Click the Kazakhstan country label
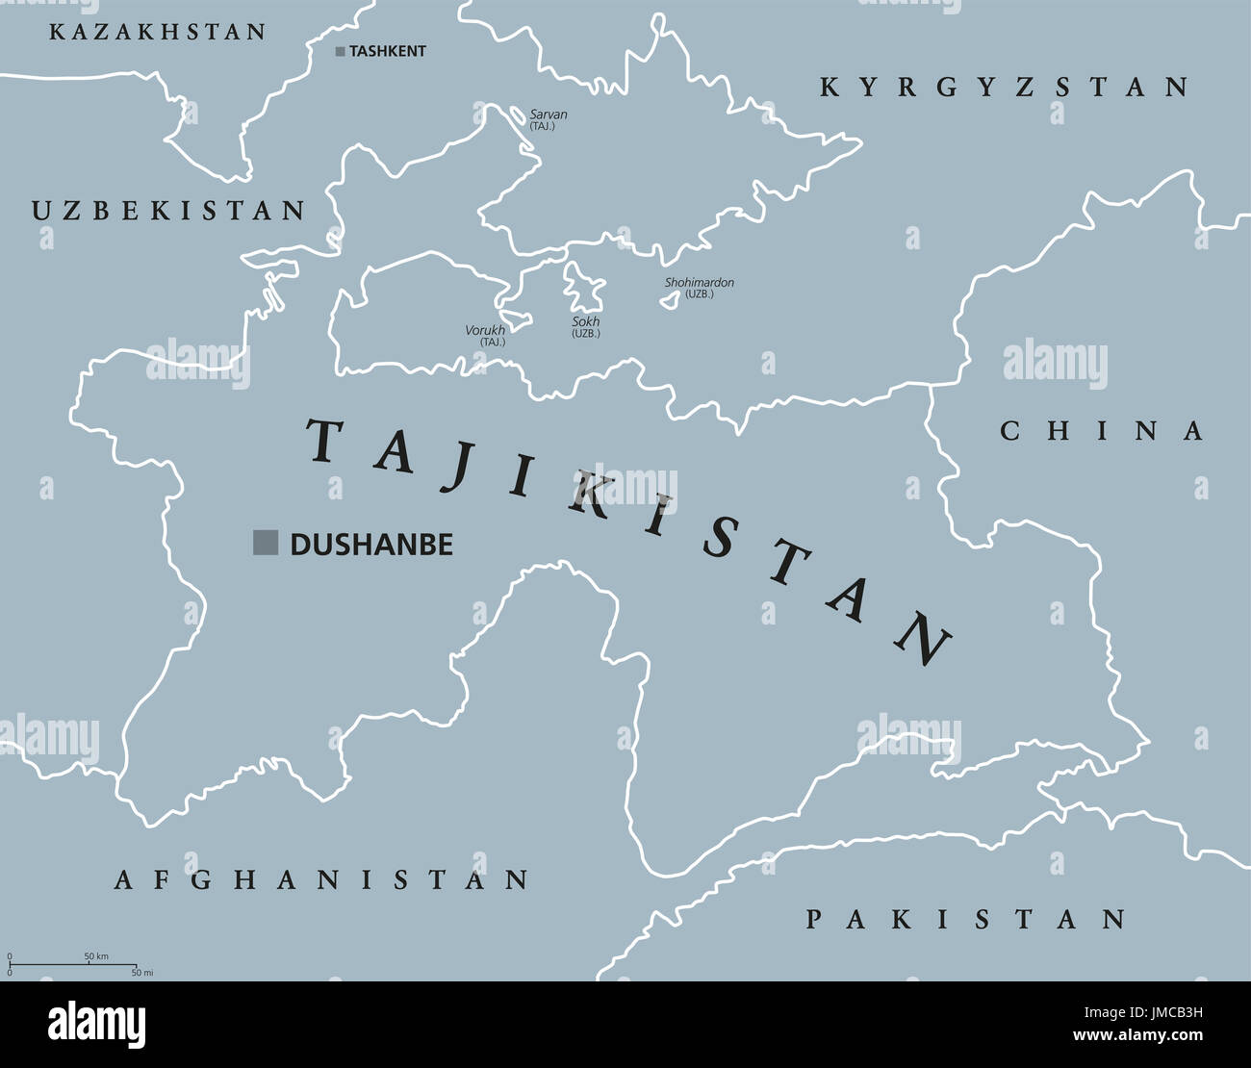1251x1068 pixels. (157, 32)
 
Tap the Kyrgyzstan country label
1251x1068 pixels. (1004, 88)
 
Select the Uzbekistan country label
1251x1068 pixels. (168, 211)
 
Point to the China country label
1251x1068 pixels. (1101, 430)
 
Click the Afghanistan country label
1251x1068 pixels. (321, 879)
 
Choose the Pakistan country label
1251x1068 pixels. (965, 919)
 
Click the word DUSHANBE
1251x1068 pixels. (371, 545)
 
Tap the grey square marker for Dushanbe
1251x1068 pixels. (265, 543)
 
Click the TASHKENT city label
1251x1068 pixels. (387, 51)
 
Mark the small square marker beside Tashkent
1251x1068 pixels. (340, 52)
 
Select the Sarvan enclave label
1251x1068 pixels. (548, 114)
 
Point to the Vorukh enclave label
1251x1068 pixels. (485, 330)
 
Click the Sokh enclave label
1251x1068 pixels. (585, 322)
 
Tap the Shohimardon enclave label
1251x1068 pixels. (699, 283)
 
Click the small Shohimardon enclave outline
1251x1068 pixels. (667, 301)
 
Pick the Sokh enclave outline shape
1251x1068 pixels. (583, 287)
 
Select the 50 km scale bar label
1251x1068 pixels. (96, 956)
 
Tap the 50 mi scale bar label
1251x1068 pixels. (141, 973)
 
